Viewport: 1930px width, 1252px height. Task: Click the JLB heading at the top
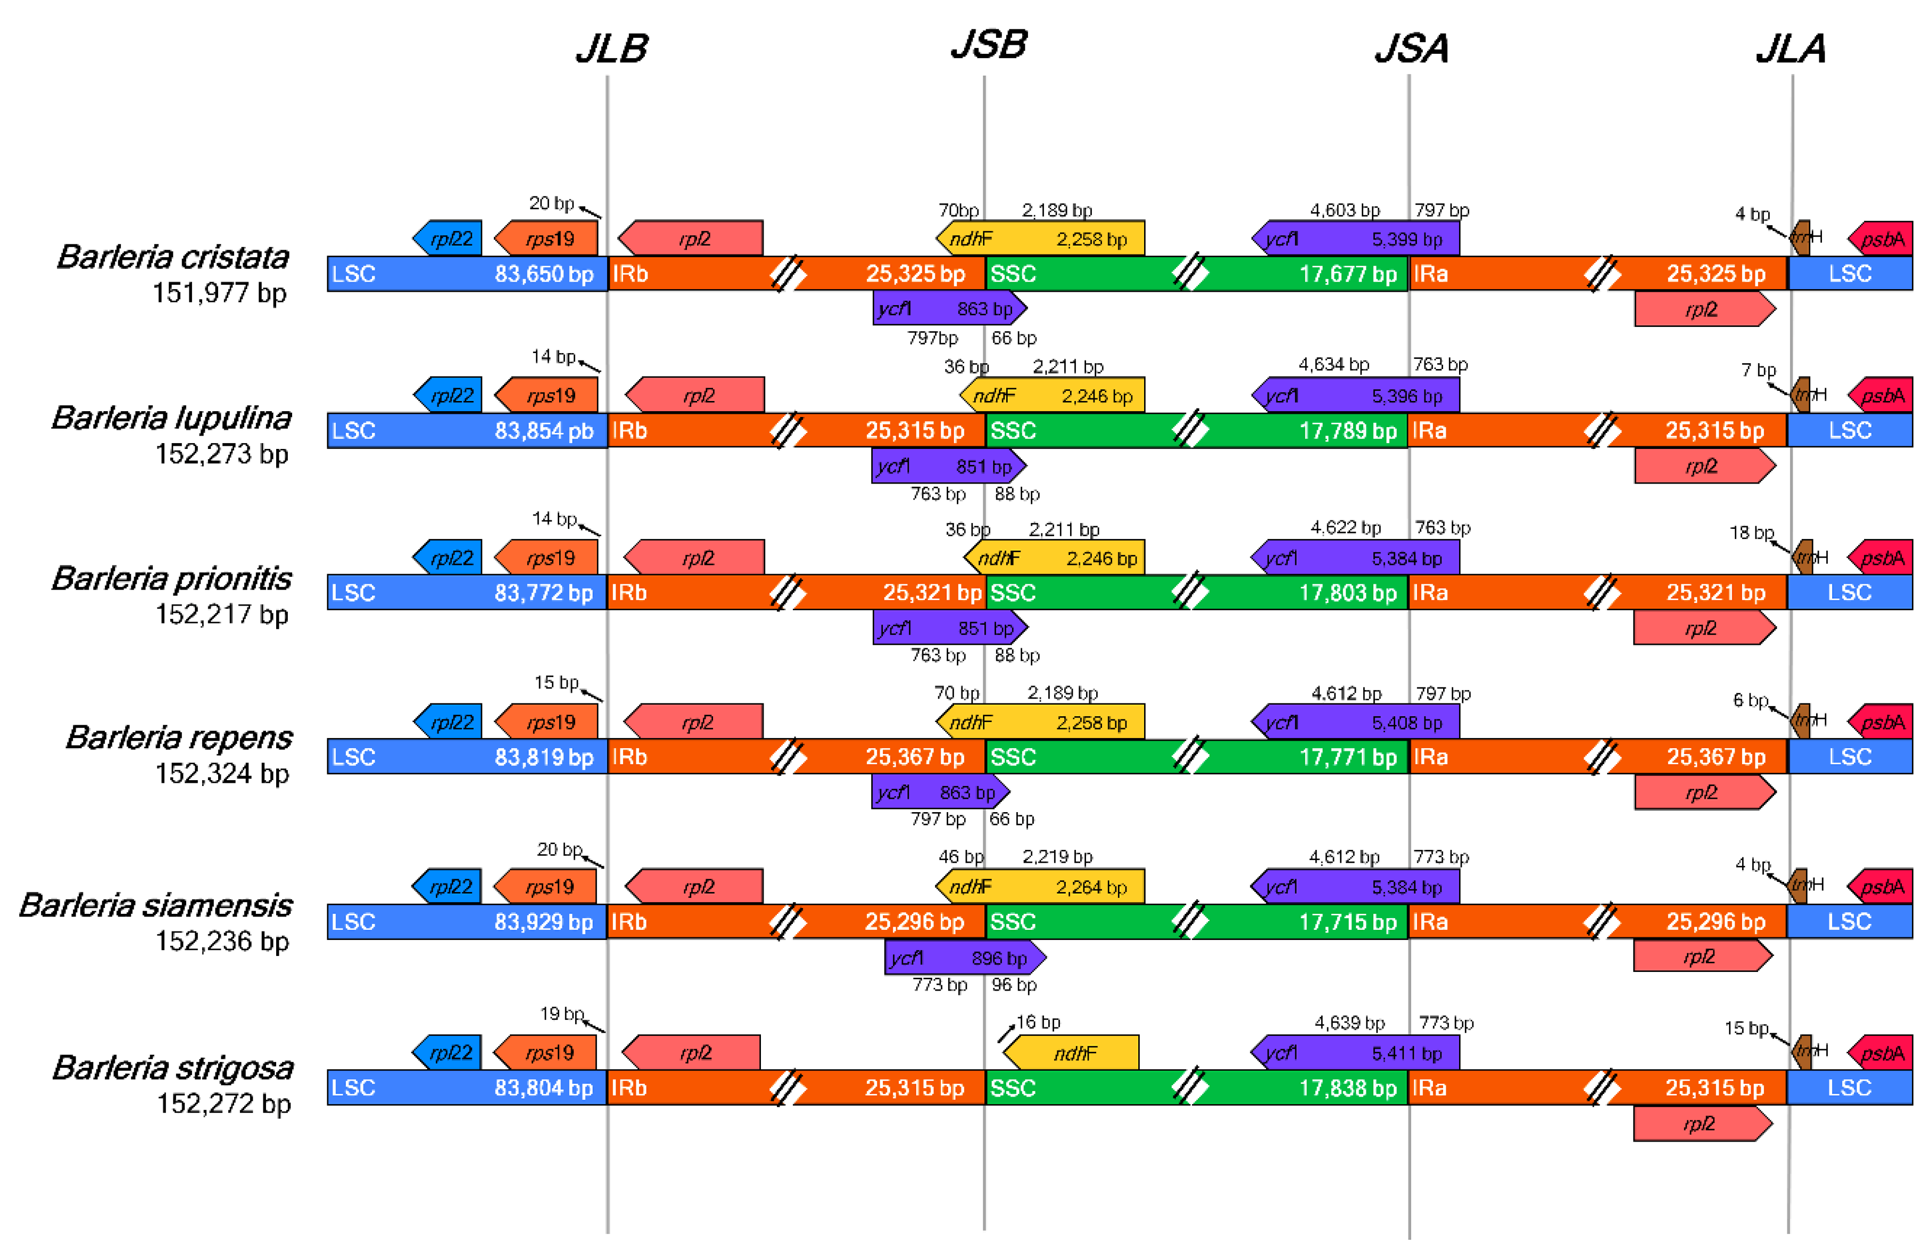coord(611,48)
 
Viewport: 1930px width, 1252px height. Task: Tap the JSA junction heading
coord(1411,48)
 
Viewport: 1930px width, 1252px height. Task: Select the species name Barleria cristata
coord(173,257)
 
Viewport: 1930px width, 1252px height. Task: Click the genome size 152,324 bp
coord(222,773)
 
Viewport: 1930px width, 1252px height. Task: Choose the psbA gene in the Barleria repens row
coord(1882,722)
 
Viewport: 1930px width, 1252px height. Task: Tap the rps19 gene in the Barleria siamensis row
coord(546,887)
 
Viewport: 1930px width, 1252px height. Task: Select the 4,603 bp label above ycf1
coord(1345,210)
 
